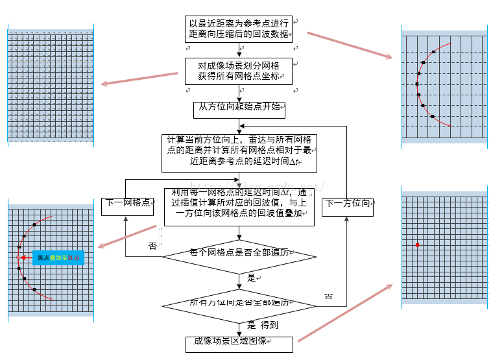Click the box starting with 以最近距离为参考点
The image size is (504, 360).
click(239, 29)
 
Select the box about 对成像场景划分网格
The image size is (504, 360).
click(239, 71)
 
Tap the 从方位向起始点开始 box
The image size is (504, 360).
click(239, 110)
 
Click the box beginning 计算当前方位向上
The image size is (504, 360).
click(239, 152)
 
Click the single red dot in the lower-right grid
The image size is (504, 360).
click(417, 245)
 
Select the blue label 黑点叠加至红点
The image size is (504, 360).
click(58, 258)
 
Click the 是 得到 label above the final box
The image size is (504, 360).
click(263, 326)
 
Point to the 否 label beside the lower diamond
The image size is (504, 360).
click(328, 296)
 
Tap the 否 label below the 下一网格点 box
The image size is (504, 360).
click(152, 246)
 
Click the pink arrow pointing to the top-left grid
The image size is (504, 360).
click(139, 78)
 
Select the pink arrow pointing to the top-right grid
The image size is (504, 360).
click(350, 45)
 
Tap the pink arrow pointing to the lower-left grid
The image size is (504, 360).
click(128, 235)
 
